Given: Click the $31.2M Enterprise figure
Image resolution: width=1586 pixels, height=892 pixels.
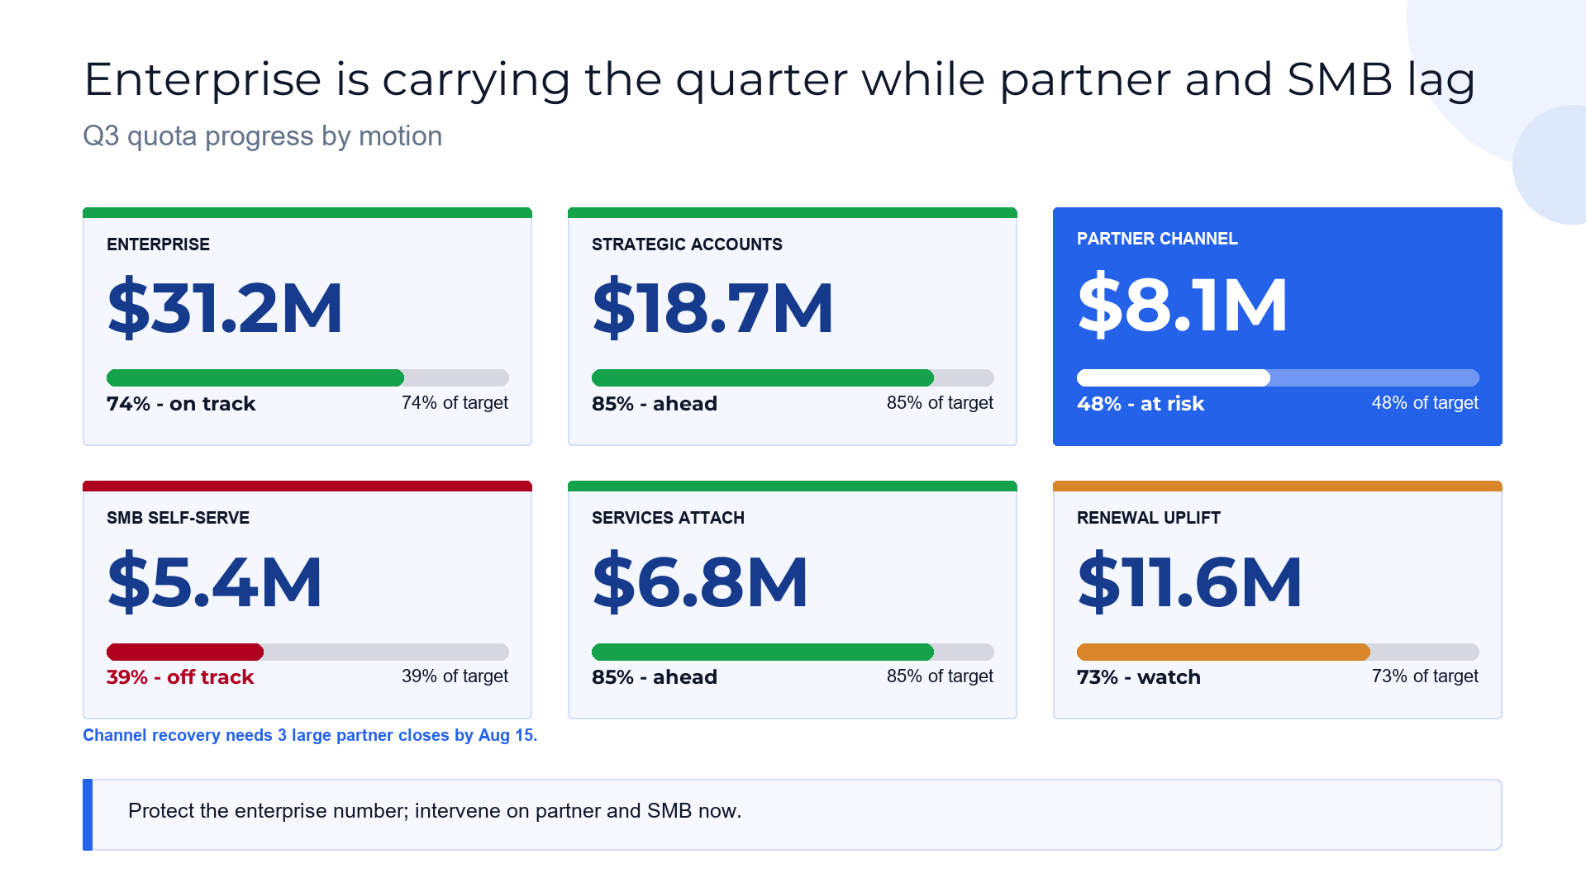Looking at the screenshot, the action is (225, 308).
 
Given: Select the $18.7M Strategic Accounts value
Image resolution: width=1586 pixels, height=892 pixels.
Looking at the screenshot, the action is (712, 308).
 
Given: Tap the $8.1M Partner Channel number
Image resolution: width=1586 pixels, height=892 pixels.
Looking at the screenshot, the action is (1182, 305).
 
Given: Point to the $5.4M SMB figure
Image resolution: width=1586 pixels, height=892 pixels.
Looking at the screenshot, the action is (215, 582).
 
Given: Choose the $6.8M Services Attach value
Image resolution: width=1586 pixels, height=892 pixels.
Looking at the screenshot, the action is (700, 582).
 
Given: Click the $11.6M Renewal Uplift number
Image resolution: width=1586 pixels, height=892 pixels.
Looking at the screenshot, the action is (1189, 582).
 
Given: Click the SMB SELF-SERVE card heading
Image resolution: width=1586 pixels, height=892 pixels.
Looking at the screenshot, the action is (178, 518).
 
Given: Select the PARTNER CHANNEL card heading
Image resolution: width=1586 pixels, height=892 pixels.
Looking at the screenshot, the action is (1157, 239).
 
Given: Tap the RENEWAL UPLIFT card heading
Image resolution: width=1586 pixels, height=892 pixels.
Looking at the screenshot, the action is (1148, 518).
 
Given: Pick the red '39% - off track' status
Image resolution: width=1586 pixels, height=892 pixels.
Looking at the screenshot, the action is (180, 677).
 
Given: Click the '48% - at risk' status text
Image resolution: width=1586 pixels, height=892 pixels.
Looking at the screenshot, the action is (1141, 404).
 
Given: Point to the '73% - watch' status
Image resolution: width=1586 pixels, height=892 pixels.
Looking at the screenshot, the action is (1139, 677).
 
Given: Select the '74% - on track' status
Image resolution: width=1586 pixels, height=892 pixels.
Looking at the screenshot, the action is (181, 404).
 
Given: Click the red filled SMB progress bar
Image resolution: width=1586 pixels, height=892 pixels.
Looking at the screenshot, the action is (185, 652).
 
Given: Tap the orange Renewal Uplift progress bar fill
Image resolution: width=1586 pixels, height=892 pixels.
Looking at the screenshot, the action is (1223, 652).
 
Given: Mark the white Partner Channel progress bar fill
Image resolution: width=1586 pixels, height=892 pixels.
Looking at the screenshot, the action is (1174, 378).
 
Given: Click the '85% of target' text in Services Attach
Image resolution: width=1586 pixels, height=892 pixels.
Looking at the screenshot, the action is (940, 676).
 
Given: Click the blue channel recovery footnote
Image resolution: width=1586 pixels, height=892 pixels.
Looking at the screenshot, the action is (310, 735).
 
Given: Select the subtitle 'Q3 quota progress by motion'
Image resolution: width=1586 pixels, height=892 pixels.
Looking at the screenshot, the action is (263, 136).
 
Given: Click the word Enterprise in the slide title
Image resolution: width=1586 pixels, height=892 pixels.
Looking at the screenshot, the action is (202, 81).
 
